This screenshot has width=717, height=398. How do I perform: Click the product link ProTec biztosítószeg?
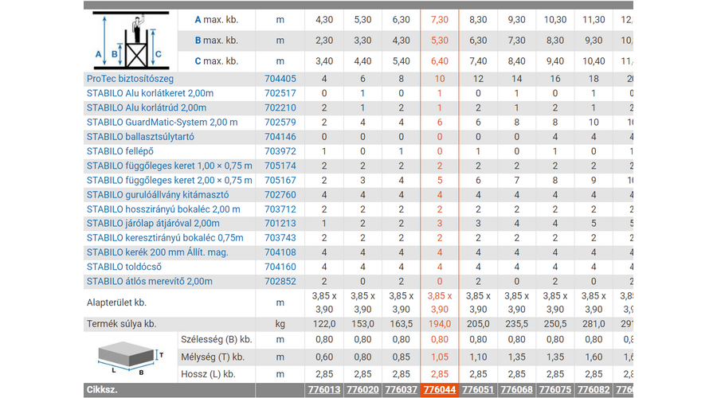coord(130,79)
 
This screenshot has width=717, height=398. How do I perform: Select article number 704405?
coord(280,79)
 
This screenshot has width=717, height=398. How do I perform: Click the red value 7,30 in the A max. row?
coord(439,19)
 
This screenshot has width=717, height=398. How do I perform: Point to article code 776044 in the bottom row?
coord(439,390)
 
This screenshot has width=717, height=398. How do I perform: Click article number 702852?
coord(280,281)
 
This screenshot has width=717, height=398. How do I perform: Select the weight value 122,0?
coord(323,324)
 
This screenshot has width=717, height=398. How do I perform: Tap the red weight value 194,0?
coord(439,324)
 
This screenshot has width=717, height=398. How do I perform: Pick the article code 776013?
coord(323,390)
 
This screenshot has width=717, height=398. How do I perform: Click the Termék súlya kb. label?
coord(122,324)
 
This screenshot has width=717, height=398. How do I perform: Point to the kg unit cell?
coord(280,324)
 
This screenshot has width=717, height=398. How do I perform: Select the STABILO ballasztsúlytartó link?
coord(139,137)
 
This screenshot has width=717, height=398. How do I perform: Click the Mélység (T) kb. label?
coord(216,357)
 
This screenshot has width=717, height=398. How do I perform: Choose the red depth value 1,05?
coord(439,357)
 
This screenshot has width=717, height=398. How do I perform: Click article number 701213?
coord(280,224)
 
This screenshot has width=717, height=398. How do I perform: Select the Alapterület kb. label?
coord(117,302)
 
